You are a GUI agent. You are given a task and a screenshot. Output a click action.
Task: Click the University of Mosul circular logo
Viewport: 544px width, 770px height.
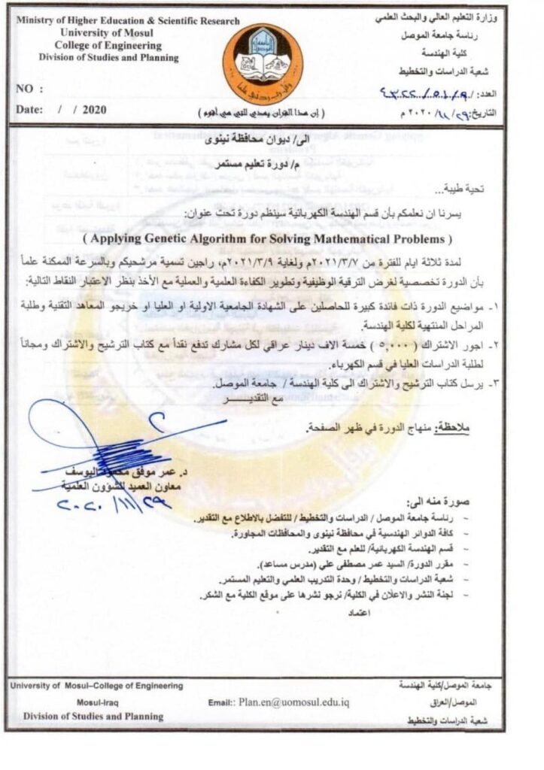pyautogui.click(x=264, y=63)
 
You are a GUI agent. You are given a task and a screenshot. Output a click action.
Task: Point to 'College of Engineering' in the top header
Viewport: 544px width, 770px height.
pyautogui.click(x=97, y=45)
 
